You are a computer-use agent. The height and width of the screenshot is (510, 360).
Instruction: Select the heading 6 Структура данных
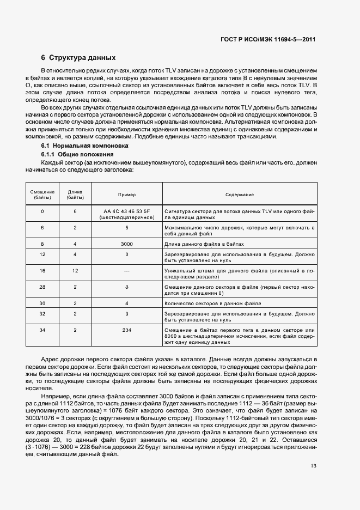pyautogui.click(x=78, y=57)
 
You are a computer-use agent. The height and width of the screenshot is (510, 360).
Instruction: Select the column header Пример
pyautogui.click(x=126, y=195)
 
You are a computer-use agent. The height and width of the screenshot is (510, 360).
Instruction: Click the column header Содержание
pyautogui.click(x=240, y=195)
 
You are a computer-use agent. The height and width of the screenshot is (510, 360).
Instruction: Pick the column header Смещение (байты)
pyautogui.click(x=42, y=195)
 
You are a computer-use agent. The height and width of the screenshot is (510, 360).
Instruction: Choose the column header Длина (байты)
pyautogui.click(x=75, y=195)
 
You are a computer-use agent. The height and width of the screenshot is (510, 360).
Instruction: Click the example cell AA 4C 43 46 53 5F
pyautogui.click(x=126, y=210)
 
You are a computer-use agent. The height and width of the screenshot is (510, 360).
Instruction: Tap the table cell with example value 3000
pyautogui.click(x=126, y=244)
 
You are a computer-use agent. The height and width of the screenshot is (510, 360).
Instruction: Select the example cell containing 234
pyautogui.click(x=126, y=330)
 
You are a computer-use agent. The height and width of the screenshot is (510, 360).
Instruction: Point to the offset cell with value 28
pyautogui.click(x=42, y=287)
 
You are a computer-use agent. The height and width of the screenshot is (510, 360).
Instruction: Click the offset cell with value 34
pyautogui.click(x=42, y=330)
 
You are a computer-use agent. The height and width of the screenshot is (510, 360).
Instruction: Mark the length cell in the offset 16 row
pyautogui.click(x=75, y=270)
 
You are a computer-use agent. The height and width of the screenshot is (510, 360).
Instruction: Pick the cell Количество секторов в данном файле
pyautogui.click(x=208, y=303)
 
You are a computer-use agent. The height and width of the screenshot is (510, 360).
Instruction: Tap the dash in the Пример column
pyautogui.click(x=126, y=270)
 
